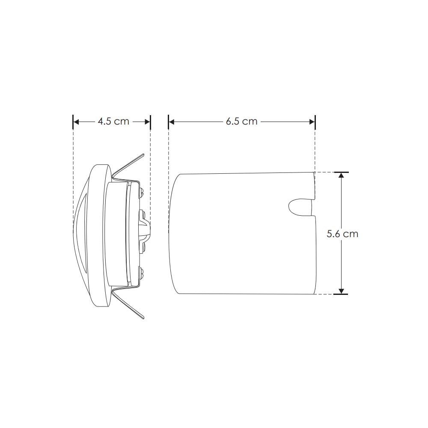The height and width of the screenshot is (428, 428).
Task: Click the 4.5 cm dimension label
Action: (x=113, y=122)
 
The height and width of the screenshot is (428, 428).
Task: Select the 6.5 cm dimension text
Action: (x=242, y=122)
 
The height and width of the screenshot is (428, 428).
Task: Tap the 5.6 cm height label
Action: (x=342, y=234)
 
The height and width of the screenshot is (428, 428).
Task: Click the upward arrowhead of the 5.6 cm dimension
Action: (x=341, y=176)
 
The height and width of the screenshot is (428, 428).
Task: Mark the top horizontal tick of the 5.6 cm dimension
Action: (x=341, y=172)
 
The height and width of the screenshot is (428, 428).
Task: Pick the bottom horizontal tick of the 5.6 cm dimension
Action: (x=341, y=294)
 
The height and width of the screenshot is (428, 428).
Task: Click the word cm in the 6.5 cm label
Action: (x=250, y=122)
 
